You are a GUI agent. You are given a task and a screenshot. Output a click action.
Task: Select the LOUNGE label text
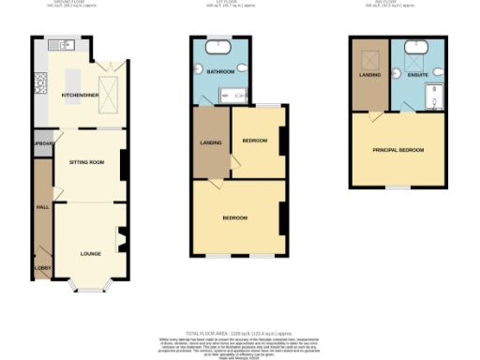tap(90, 253)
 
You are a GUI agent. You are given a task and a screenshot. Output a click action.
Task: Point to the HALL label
tap(41, 207)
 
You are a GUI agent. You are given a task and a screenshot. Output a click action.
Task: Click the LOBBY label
tap(42, 268)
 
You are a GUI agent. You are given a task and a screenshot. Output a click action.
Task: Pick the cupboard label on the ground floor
tap(42, 144)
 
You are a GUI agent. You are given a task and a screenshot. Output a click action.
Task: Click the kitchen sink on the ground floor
tap(67, 44)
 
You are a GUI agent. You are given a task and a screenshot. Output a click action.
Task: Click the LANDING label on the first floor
tap(210, 143)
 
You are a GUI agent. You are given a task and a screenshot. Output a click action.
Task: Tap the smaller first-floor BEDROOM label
tap(255, 140)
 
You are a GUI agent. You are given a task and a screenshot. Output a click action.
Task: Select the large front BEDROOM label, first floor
tap(235, 217)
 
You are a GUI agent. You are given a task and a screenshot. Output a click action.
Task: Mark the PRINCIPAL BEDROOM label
tap(397, 150)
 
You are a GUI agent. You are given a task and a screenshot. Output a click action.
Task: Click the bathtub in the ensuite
tap(416, 44)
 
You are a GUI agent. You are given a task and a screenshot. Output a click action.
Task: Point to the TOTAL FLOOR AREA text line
tap(240, 333)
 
